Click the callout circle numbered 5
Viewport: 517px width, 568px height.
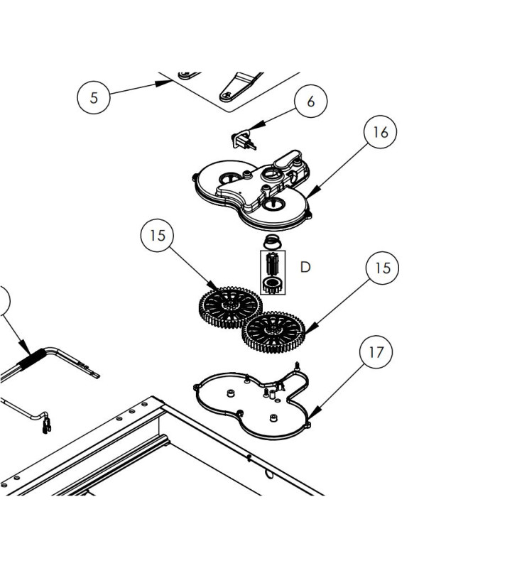[x=95, y=97]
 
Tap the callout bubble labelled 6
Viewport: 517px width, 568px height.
[x=310, y=102]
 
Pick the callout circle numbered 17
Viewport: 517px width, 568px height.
[x=376, y=351]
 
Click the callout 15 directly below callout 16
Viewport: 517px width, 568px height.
[x=382, y=268]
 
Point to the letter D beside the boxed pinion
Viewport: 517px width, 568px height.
[x=305, y=267]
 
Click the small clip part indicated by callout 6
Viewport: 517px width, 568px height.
[x=244, y=139]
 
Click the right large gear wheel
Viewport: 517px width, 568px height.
[x=274, y=332]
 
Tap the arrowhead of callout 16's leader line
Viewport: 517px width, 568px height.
[x=311, y=192]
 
